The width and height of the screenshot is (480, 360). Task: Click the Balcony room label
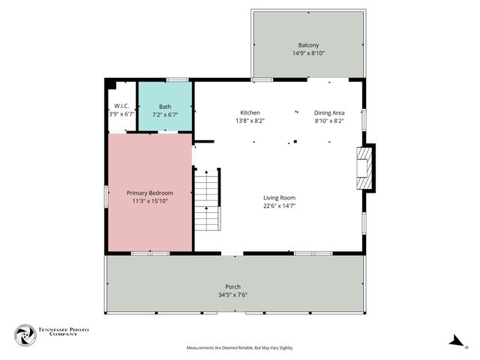(x=307, y=45)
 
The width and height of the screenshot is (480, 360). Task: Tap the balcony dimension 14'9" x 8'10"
(x=307, y=53)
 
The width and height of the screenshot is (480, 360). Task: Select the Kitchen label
(x=250, y=112)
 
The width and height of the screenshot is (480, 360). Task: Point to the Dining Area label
(x=328, y=112)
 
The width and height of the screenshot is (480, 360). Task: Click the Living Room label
(x=279, y=197)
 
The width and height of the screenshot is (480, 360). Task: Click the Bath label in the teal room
(x=165, y=106)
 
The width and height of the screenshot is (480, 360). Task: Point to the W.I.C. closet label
(x=121, y=106)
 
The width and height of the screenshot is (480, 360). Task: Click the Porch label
(x=233, y=286)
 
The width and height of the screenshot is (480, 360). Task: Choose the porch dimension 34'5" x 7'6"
(x=233, y=295)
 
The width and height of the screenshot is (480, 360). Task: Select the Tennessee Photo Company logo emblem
(x=25, y=335)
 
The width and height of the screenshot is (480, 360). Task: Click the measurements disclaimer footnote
(x=239, y=348)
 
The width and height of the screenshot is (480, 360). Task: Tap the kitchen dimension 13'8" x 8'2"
(x=250, y=121)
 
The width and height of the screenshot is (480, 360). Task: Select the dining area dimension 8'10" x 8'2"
(x=328, y=121)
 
